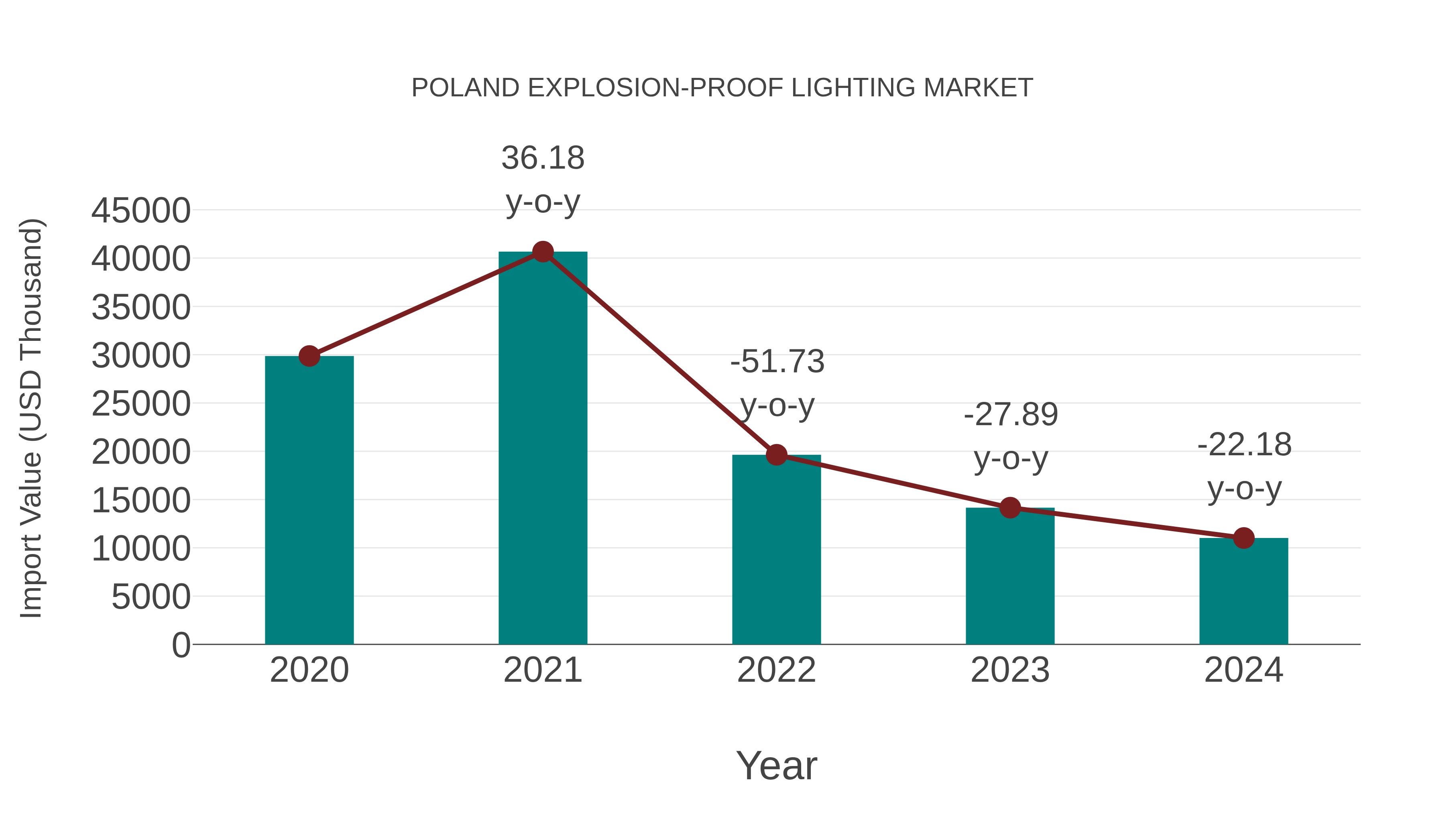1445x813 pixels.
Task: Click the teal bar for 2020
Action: click(309, 499)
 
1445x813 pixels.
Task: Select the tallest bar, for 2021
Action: click(542, 449)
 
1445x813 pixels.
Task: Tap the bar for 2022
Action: click(776, 550)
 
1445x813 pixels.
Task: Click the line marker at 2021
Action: click(542, 252)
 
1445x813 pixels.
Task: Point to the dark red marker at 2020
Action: click(309, 356)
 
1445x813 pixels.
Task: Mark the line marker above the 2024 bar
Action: click(1244, 538)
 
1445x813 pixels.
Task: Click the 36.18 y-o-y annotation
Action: click(542, 179)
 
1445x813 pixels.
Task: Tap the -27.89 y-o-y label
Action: click(1010, 436)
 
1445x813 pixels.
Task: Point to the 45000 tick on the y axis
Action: click(141, 211)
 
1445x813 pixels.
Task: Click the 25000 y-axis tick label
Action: click(141, 404)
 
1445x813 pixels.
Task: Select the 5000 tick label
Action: click(151, 597)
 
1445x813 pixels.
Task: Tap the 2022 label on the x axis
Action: click(776, 670)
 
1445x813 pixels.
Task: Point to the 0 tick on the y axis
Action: click(181, 645)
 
